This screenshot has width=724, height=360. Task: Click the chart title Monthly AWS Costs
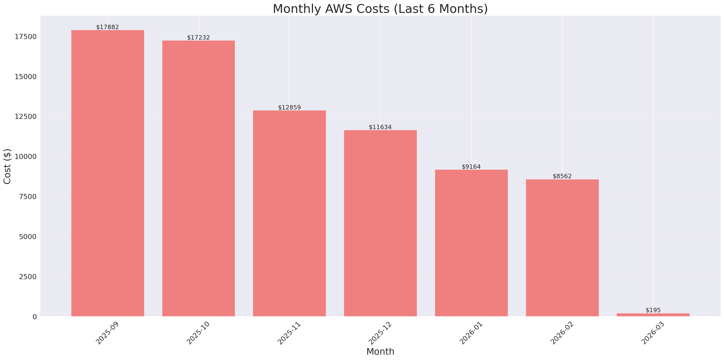coord(380,9)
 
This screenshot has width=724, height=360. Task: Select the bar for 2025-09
coord(108,173)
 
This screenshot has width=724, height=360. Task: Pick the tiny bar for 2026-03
coord(653,315)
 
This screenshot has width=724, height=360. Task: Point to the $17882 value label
coord(108,27)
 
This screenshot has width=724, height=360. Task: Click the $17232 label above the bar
coord(198,37)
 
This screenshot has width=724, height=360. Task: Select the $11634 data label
coord(380,127)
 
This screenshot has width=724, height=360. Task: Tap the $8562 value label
coord(562,176)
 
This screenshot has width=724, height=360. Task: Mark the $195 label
coord(653,310)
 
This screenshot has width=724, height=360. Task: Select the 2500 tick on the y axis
coord(28,277)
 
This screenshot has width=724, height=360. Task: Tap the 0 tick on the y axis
coord(34,317)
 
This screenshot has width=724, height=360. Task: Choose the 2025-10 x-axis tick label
coord(198,333)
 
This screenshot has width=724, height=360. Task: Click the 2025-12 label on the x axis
coord(380,333)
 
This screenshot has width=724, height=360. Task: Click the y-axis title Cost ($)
coord(7,166)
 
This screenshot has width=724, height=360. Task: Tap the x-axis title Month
coord(380,352)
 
